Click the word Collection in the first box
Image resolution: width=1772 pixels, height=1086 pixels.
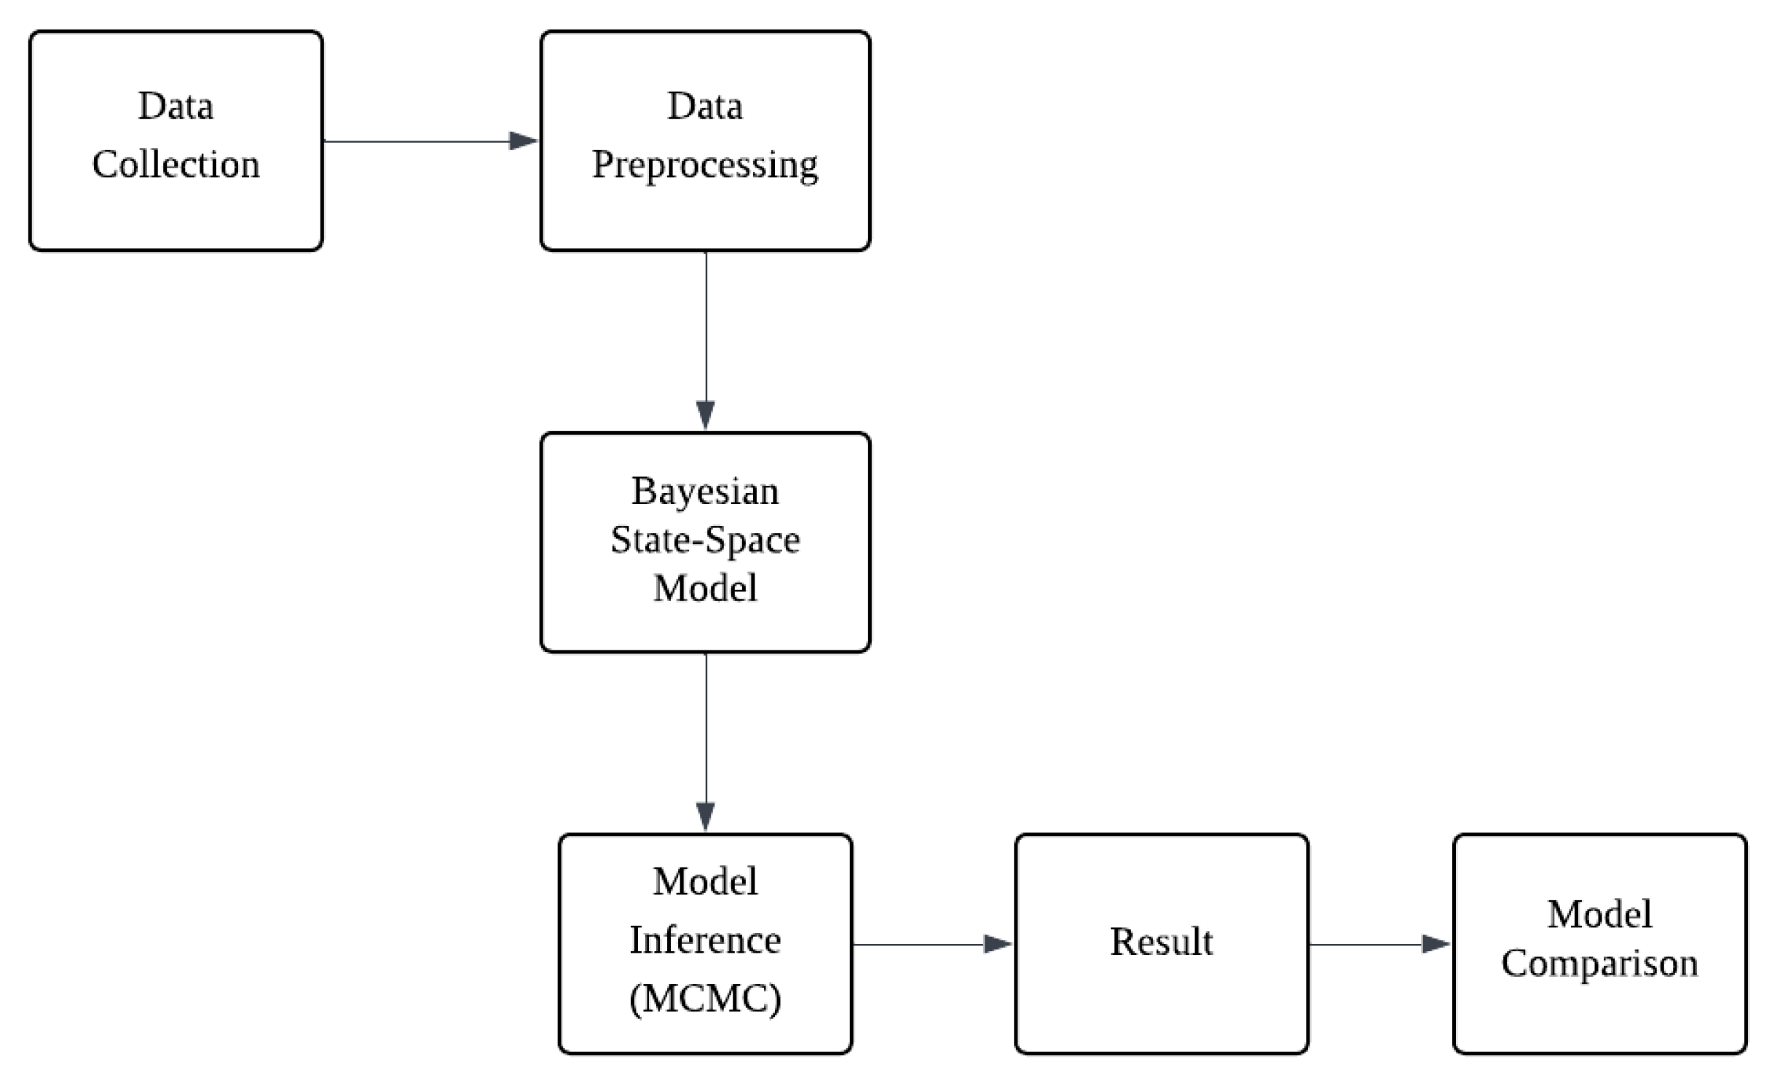176,164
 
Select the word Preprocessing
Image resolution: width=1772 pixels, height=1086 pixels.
704,165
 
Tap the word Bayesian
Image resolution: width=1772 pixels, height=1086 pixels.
704,491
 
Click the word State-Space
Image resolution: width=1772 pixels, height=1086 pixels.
704,540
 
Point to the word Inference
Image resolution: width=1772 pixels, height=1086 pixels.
704,940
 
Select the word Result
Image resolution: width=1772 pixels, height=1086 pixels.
1161,942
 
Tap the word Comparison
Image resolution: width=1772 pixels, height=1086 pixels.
1599,964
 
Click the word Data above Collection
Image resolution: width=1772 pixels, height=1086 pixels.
176,106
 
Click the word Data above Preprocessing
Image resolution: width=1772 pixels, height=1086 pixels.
704,106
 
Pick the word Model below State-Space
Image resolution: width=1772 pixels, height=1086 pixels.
704,588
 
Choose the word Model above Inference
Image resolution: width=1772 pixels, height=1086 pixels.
704,881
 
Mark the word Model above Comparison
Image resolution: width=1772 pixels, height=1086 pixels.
1599,914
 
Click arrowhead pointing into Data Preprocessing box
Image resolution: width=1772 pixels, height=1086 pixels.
523,141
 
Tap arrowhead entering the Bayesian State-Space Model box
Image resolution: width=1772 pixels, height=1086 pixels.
705,415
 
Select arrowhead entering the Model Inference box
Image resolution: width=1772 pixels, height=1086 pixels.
705,816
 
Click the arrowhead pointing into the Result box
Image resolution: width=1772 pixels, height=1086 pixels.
997,944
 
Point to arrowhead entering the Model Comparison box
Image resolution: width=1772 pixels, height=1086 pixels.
1436,944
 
